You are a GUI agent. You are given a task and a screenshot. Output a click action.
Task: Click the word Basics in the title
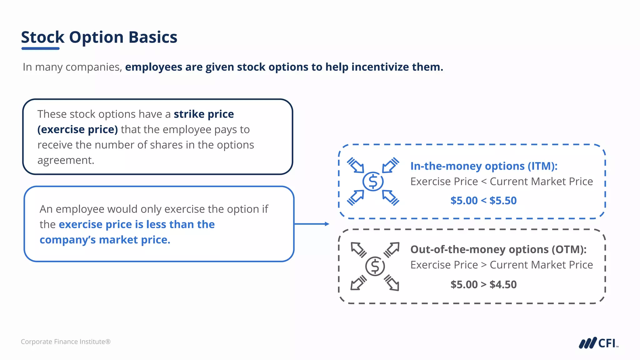(153, 37)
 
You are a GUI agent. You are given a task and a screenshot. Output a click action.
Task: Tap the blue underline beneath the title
(40, 48)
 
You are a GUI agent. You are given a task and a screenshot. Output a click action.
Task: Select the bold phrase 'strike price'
(204, 114)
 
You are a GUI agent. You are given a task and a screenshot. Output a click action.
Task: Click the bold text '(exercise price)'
(77, 129)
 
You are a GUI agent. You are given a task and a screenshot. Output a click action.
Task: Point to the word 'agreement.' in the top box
(66, 160)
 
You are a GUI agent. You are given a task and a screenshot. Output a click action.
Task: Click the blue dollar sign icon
(373, 181)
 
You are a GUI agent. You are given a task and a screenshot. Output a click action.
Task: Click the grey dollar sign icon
(375, 266)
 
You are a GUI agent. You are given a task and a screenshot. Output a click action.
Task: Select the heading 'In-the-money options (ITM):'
(484, 166)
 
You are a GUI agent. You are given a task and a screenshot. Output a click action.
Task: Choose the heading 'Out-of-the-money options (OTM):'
(498, 249)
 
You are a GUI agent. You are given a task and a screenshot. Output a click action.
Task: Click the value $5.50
(503, 201)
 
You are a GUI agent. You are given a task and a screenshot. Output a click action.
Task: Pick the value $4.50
(503, 284)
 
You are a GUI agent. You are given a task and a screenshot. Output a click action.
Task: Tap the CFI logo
(598, 343)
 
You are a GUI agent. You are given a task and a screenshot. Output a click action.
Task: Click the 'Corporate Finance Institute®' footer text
(66, 342)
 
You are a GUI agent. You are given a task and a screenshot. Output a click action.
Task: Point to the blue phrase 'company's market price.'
(105, 240)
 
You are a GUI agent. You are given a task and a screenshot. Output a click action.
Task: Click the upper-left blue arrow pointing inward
(356, 165)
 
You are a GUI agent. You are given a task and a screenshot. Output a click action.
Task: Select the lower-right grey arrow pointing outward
(392, 283)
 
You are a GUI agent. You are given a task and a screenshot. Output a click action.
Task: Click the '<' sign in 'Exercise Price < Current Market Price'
(484, 182)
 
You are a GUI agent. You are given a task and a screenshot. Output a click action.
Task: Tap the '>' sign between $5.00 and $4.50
(483, 284)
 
